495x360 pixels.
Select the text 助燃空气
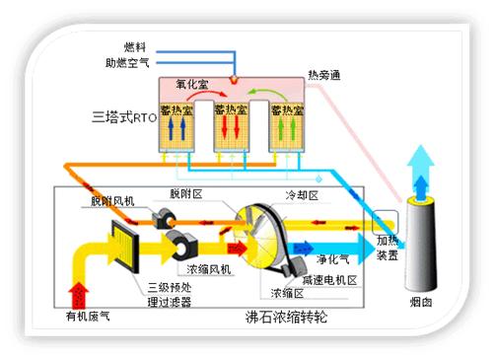127,62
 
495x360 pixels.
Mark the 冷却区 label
301,195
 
